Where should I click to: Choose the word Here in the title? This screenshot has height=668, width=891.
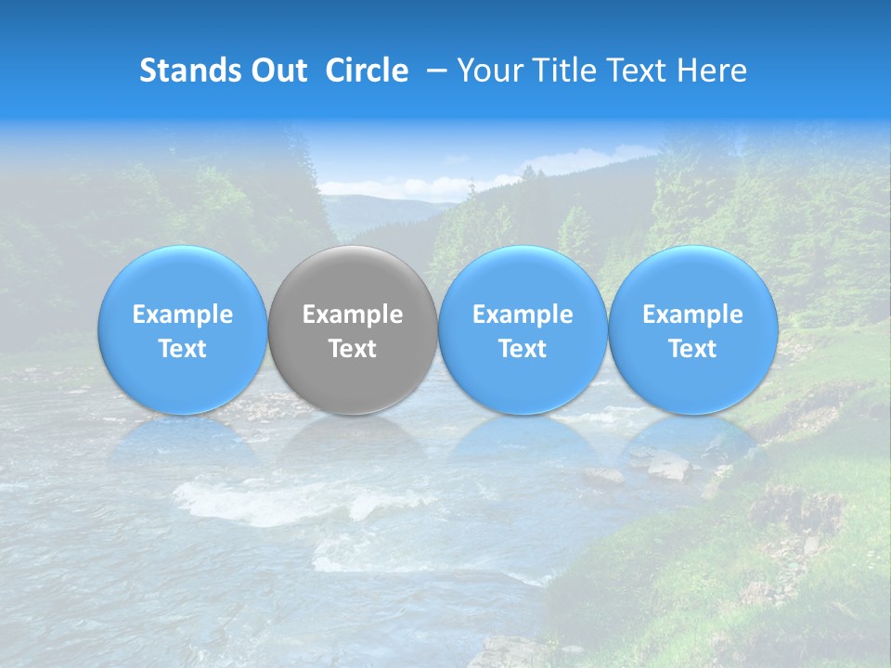pyautogui.click(x=714, y=71)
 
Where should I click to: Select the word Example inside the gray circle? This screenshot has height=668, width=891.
pyautogui.click(x=353, y=315)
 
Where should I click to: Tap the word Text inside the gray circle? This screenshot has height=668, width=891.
pyautogui.click(x=353, y=349)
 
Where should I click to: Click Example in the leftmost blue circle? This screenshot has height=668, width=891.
pyautogui.click(x=182, y=315)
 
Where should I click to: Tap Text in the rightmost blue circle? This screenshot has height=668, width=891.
pyautogui.click(x=693, y=349)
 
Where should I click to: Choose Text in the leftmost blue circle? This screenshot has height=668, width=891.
pyautogui.click(x=182, y=349)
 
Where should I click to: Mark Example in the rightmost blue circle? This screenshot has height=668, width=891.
pyautogui.click(x=693, y=315)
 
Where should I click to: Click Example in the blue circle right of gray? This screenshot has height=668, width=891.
pyautogui.click(x=523, y=315)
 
